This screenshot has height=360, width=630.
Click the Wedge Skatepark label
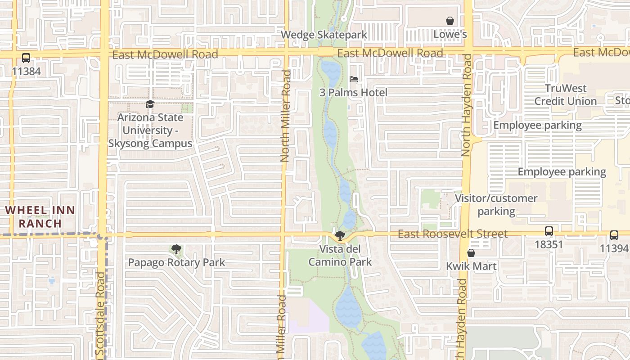[x=324, y=35]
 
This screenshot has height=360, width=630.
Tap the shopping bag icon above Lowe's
[x=450, y=21]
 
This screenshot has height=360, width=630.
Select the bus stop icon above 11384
[x=26, y=58]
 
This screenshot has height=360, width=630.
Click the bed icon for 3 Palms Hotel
[x=354, y=79]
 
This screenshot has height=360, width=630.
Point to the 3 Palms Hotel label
[x=353, y=93]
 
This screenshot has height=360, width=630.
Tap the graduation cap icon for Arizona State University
[x=150, y=104]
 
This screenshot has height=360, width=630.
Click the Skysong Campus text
[x=150, y=144]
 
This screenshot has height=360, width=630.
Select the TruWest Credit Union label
[x=566, y=94]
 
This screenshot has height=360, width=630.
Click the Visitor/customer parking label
[x=496, y=205]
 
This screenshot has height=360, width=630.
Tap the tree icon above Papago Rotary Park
[x=176, y=249]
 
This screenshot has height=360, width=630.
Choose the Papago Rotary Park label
[x=176, y=262]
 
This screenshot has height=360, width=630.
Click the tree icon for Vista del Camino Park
[x=340, y=235]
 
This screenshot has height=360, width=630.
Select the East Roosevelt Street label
[x=452, y=234]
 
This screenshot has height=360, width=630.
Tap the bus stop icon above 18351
[x=549, y=231]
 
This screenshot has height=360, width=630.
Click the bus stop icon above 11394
[x=614, y=235]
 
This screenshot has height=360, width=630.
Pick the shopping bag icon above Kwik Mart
[x=471, y=253]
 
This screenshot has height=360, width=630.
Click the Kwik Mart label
[x=471, y=266]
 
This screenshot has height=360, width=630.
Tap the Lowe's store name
[x=450, y=35]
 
